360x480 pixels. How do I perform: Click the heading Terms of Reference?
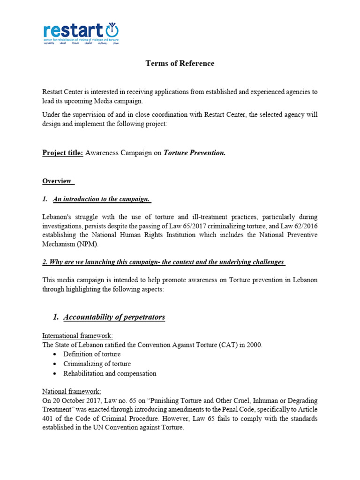pyautogui.click(x=180, y=63)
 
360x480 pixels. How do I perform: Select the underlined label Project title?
pyautogui.click(x=63, y=153)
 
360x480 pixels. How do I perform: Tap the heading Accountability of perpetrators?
pyautogui.click(x=114, y=317)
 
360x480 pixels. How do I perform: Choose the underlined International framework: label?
pyautogui.click(x=77, y=336)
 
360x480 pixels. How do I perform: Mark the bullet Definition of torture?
pyautogui.click(x=92, y=354)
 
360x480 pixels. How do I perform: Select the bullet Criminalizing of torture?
pyautogui.click(x=97, y=364)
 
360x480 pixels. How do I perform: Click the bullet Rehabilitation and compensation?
pyautogui.click(x=110, y=374)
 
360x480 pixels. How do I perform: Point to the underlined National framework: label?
pyautogui.click(x=71, y=391)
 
